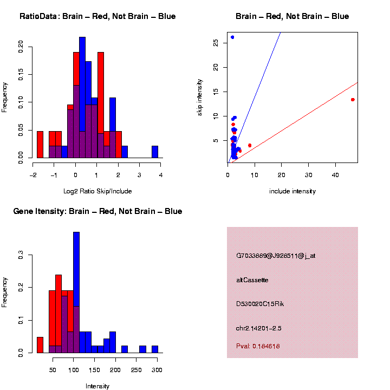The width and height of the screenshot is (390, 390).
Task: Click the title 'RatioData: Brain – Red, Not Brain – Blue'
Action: pyautogui.click(x=97, y=16)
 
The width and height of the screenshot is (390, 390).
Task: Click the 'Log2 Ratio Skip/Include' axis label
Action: pyautogui.click(x=97, y=191)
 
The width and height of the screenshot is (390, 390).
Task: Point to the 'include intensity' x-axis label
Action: pyautogui.click(x=292, y=191)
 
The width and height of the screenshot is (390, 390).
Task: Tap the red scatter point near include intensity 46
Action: pyautogui.click(x=353, y=100)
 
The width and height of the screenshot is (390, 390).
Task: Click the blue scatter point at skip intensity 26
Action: pyautogui.click(x=232, y=37)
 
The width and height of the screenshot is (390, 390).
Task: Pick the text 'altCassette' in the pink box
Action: pyautogui.click(x=252, y=280)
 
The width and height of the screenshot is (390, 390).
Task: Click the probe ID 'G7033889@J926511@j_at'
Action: pyautogui.click(x=276, y=256)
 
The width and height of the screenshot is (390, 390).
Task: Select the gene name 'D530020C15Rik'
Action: pyautogui.click(x=260, y=304)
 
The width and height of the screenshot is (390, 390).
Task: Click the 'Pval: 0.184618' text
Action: pyautogui.click(x=258, y=346)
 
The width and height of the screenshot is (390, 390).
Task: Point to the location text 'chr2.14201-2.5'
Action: pyautogui.click(x=259, y=328)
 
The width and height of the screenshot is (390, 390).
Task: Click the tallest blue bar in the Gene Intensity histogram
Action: pyautogui.click(x=76, y=292)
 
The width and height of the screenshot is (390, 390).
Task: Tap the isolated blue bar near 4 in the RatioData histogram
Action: pyautogui.click(x=155, y=152)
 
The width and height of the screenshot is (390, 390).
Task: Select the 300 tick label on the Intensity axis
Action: pyautogui.click(x=157, y=370)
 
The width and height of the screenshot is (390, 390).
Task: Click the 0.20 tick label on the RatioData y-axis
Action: pyautogui.click(x=21, y=47)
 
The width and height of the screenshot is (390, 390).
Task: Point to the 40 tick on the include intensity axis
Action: pyautogui.click(x=335, y=175)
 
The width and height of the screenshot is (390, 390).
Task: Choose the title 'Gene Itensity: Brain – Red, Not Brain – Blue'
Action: pyautogui.click(x=97, y=211)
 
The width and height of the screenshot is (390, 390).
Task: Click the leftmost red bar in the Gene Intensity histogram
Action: pyautogui.click(x=40, y=344)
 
